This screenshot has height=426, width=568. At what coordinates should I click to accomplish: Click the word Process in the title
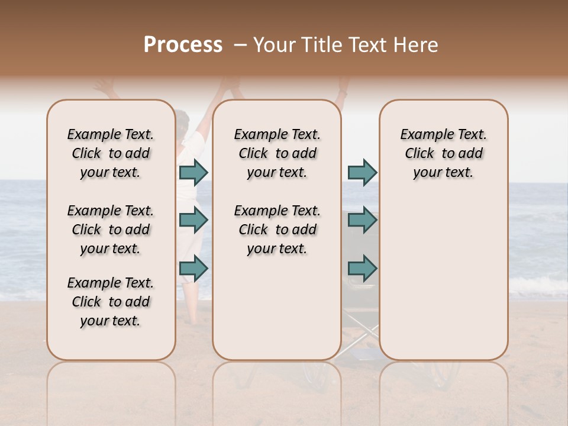(183, 44)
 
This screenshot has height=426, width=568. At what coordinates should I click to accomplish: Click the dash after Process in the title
(240, 45)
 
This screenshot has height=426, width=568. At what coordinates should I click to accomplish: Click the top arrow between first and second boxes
(193, 172)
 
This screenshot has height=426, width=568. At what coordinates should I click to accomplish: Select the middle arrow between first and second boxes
(193, 220)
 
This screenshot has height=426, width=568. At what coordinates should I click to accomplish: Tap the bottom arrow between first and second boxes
(193, 268)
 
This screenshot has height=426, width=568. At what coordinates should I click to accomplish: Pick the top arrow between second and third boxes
(362, 172)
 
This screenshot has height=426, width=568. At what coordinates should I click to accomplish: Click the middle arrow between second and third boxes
(362, 220)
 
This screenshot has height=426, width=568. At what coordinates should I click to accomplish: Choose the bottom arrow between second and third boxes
(362, 268)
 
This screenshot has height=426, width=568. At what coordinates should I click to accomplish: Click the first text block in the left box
(111, 153)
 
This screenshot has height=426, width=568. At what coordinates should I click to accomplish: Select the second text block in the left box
(111, 230)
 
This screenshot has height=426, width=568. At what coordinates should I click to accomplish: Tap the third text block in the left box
(111, 302)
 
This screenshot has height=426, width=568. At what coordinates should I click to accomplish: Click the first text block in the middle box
(277, 153)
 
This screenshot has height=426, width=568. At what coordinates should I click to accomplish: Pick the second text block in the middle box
(277, 230)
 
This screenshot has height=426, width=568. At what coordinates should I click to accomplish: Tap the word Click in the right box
(419, 154)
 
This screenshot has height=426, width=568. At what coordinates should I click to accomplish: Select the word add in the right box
(471, 154)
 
